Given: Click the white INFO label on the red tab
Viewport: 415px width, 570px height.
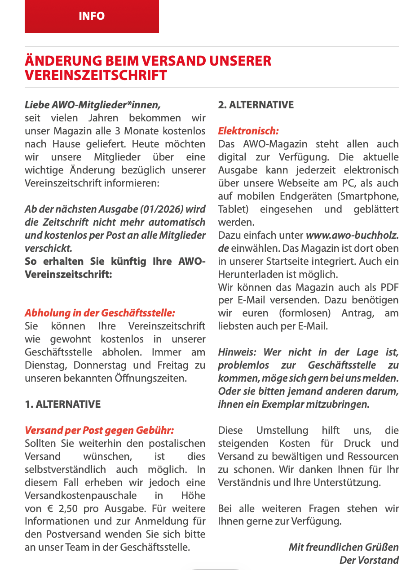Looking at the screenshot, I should tap(92, 16).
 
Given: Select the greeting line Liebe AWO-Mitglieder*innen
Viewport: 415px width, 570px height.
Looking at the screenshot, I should tap(93, 105).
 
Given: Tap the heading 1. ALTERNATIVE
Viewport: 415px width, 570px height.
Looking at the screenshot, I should tap(63, 404).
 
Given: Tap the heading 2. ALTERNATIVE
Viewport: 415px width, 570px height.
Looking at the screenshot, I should tap(256, 105).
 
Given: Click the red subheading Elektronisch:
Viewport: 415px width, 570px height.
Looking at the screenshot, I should tap(248, 131).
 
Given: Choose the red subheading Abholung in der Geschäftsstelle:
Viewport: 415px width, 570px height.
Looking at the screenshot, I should tap(100, 313).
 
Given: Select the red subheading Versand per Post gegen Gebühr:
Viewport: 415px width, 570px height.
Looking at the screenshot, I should tap(99, 430).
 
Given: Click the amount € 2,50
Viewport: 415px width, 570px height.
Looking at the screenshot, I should tap(58, 508).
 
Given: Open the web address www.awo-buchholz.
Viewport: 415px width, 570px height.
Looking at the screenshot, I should tap(352, 235).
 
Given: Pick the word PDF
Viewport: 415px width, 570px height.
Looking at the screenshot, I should tap(389, 287).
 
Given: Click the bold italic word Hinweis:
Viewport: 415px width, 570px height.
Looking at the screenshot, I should tap(238, 352).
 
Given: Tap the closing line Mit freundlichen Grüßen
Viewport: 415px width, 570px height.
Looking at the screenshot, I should tap(344, 547).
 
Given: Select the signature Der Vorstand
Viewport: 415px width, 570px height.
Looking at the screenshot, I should tap(369, 560).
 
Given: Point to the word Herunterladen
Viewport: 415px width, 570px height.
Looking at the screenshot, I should tap(247, 274).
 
